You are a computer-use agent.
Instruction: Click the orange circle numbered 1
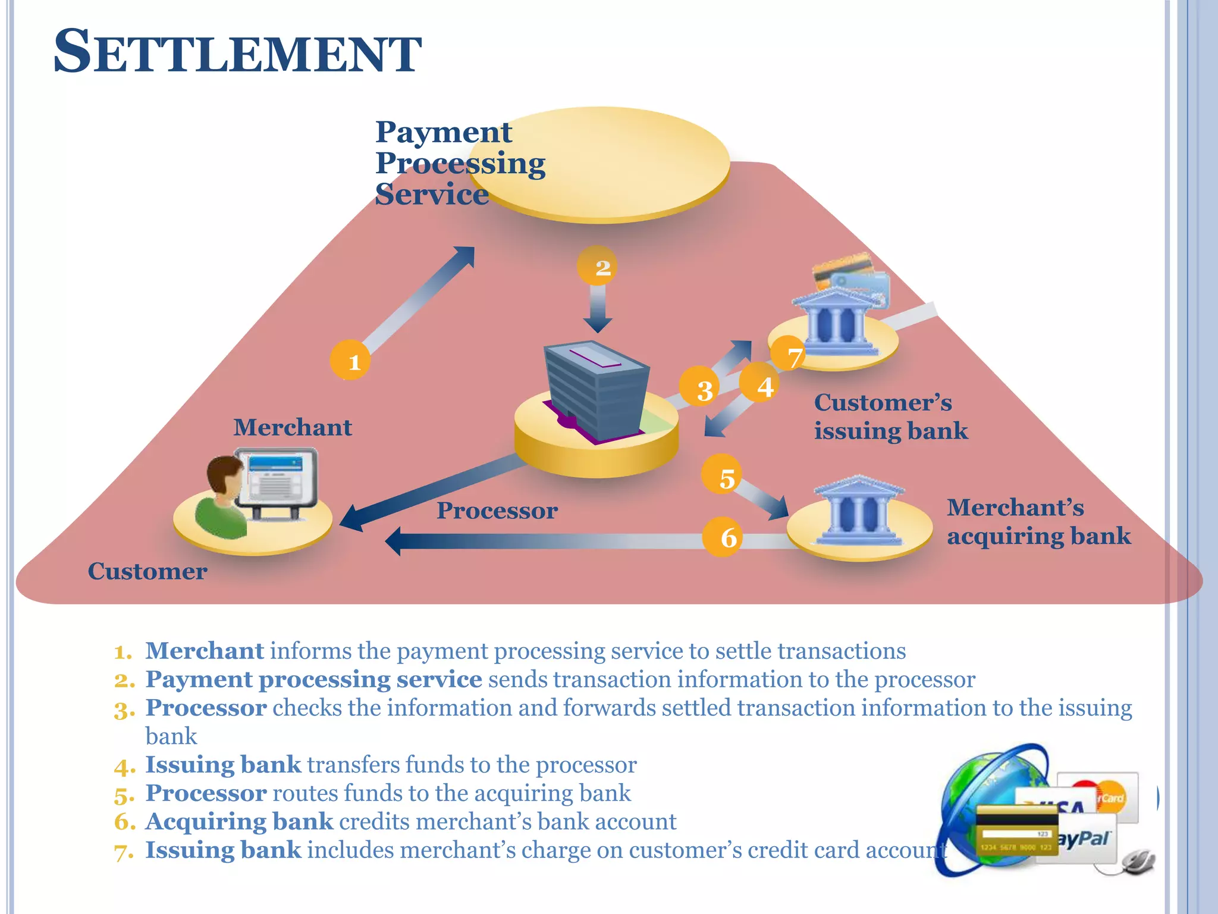click(350, 360)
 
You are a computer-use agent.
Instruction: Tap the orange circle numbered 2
click(597, 266)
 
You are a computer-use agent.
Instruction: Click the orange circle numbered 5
click(722, 474)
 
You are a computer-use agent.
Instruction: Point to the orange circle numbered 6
click(723, 536)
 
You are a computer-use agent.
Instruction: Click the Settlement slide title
click(237, 52)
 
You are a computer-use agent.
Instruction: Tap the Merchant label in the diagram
click(292, 427)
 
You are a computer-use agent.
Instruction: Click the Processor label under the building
click(497, 511)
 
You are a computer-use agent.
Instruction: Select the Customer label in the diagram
click(147, 571)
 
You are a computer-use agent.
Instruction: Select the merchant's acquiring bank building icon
click(859, 512)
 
